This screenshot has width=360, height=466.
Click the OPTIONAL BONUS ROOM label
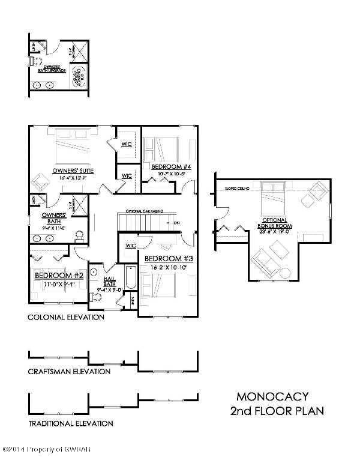pos(274,223)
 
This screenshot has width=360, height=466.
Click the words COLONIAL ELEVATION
pos(66,316)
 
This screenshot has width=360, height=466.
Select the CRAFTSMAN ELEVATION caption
pos(69,371)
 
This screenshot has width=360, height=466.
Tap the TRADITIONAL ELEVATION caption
pos(71,423)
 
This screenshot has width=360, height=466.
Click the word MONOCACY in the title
pos(272,396)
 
